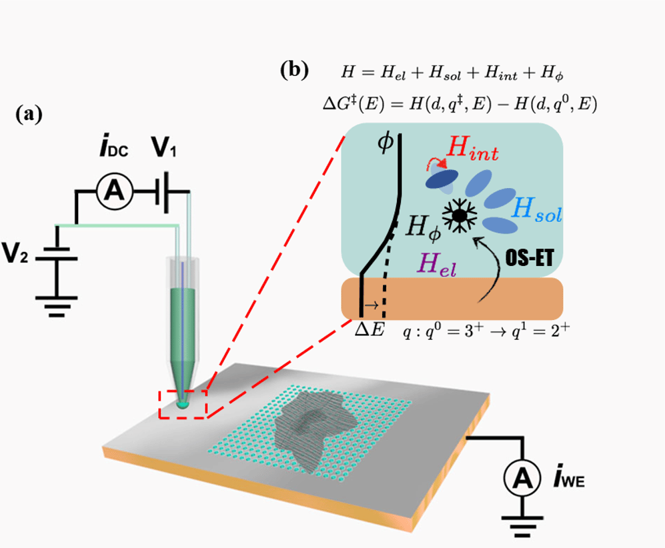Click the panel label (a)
[29, 114]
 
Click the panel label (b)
[294, 70]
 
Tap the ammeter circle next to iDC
[115, 192]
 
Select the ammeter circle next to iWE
[522, 477]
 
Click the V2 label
[15, 253]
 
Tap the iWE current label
[569, 478]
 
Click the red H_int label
[472, 149]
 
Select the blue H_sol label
[536, 210]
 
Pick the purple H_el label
[437, 265]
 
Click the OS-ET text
[530, 257]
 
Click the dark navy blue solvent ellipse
[442, 179]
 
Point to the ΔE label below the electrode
[370, 329]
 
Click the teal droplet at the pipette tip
[182, 405]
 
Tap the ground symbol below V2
[57, 307]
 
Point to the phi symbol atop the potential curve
[385, 143]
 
